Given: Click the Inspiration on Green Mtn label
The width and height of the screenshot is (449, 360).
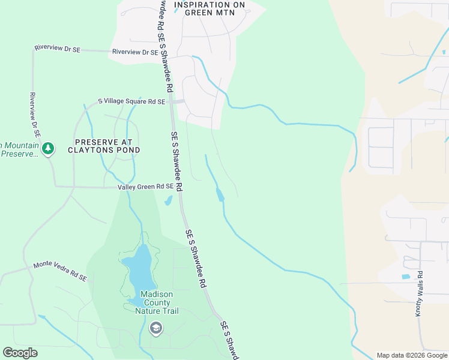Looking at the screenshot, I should coord(209,8).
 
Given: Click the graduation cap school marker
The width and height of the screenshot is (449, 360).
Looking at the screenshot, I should coord(156,328).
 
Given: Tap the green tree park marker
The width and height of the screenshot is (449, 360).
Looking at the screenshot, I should coord(48,148).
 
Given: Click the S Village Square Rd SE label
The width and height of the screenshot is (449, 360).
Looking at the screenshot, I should coord(131,102).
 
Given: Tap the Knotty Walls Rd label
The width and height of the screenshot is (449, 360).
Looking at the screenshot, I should coord(420,293).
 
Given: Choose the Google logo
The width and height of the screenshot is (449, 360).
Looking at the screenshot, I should coord(20,353).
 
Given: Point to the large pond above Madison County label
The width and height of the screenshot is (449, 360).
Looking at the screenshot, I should coord(139,268).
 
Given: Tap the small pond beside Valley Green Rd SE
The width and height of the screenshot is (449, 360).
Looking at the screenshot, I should coord(169,200).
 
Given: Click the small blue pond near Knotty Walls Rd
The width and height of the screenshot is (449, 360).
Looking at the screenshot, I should coord(406,277).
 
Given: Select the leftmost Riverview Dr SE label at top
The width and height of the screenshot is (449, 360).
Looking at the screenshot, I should coord(58,49).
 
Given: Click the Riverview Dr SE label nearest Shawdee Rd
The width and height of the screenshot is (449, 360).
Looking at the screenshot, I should coord(134,52).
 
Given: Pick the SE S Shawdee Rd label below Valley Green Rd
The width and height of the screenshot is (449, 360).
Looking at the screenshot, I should coord(196,257).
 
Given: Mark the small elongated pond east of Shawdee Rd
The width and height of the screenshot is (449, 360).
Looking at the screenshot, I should coord(220,194).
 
